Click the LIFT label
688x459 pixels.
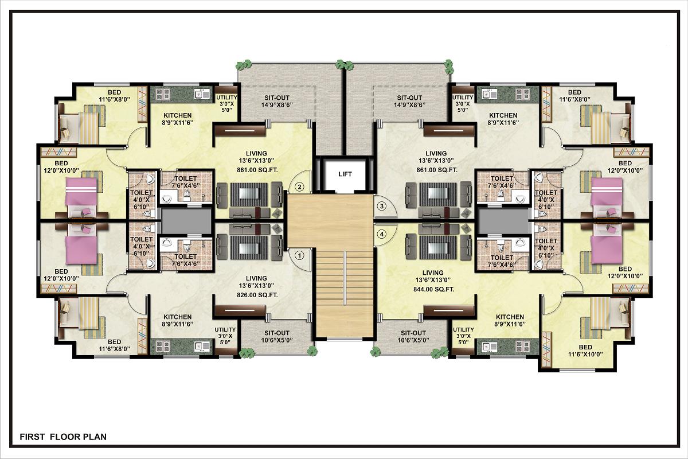pyautogui.click(x=345, y=174)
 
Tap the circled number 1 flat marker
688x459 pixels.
pyautogui.click(x=300, y=255)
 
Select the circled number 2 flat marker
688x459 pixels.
pyautogui.click(x=300, y=186)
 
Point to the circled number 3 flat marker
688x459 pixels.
pyautogui.click(x=382, y=206)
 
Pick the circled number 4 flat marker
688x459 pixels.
pyautogui.click(x=382, y=234)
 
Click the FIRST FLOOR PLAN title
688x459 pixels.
pyautogui.click(x=63, y=437)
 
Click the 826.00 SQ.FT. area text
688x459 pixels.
pyautogui.click(x=257, y=295)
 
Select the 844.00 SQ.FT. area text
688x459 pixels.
pyautogui.click(x=433, y=289)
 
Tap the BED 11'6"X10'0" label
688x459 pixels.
pyautogui.click(x=585, y=351)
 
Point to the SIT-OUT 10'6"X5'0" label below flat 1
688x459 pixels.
pyautogui.click(x=277, y=336)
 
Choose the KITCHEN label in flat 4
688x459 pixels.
pyautogui.click(x=510, y=317)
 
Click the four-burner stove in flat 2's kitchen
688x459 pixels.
pyautogui.click(x=163, y=95)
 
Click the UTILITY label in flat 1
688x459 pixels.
pyautogui.click(x=225, y=329)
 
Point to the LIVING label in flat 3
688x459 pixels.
pyautogui.click(x=436, y=153)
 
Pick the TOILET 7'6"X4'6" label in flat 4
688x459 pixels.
pyautogui.click(x=502, y=261)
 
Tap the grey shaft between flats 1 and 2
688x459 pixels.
pyautogui.click(x=186, y=221)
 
